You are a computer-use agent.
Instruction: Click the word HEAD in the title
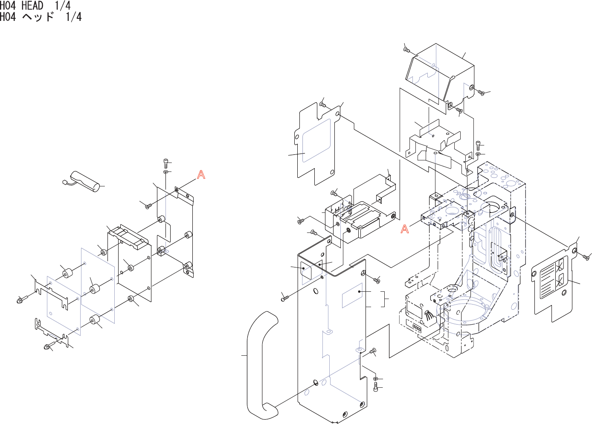(32, 6)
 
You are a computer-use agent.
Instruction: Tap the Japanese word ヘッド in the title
(38, 17)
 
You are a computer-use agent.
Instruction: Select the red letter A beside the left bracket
(201, 174)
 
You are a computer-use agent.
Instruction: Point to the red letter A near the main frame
(404, 229)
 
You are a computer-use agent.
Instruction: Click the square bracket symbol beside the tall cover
(386, 299)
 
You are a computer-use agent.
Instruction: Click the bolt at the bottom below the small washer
(375, 387)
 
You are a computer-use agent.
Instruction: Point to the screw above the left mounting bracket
(166, 163)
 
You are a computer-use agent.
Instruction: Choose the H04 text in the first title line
(8, 6)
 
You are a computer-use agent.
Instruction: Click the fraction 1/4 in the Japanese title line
(73, 17)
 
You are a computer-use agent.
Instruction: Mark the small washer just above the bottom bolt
(375, 379)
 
